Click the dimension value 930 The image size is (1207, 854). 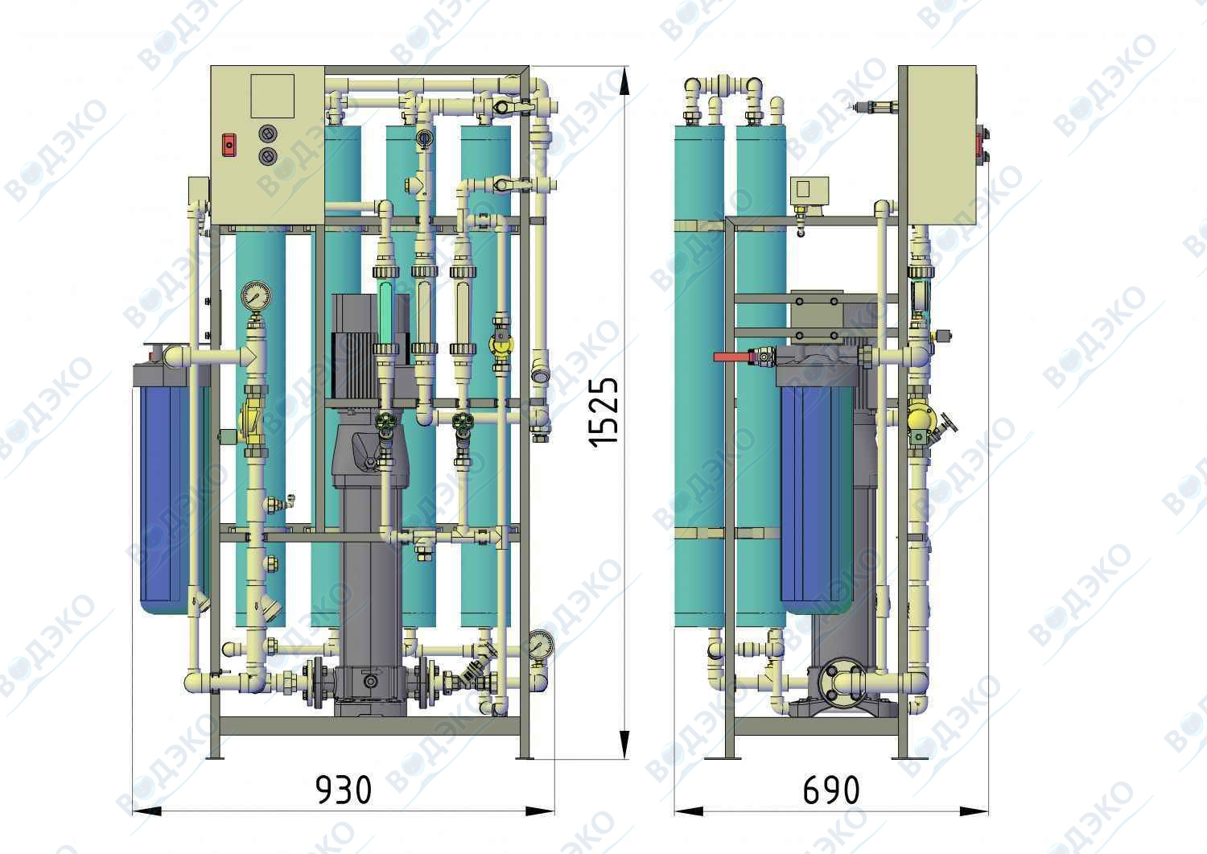pos(344,790)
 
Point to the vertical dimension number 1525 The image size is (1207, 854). pos(603,412)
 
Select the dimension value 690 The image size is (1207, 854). pos(831,790)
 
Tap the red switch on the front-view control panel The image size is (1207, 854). pos(229,145)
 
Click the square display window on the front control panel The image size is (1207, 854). pos(273,96)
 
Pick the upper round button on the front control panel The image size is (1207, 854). pos(268,134)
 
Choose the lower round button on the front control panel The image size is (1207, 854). pos(268,157)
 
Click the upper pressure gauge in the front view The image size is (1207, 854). pos(256,295)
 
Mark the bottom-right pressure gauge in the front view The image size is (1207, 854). pos(541,643)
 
